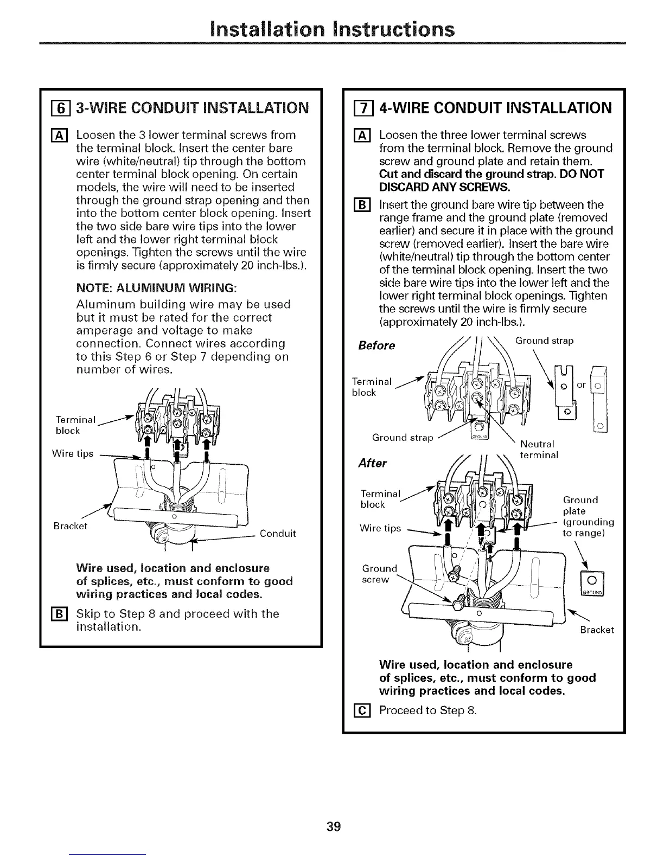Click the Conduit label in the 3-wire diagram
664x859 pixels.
[278, 534]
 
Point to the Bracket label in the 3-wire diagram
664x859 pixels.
[71, 526]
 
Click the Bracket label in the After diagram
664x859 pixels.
[597, 630]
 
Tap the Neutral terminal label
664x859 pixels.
[537, 450]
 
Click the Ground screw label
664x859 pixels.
[378, 574]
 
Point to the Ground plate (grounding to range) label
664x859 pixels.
[588, 517]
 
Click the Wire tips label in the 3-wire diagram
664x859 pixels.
[74, 453]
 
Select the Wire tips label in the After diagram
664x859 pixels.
[380, 528]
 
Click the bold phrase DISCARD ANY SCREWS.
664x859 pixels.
[445, 187]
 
